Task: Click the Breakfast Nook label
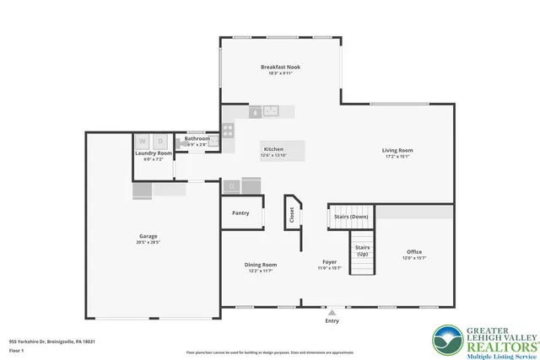coord(280,67)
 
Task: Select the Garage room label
coord(148,236)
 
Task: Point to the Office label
coord(413,251)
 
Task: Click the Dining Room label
coord(261,264)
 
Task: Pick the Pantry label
coord(240,212)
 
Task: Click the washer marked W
coord(143,141)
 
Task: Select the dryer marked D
coord(160,141)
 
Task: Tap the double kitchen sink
coord(271,110)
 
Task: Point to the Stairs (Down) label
coord(351,216)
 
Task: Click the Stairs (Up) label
coord(362,250)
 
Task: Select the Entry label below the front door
coord(332,321)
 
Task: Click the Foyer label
coord(329,262)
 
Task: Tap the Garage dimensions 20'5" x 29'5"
coord(148,243)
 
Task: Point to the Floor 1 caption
coord(17,349)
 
